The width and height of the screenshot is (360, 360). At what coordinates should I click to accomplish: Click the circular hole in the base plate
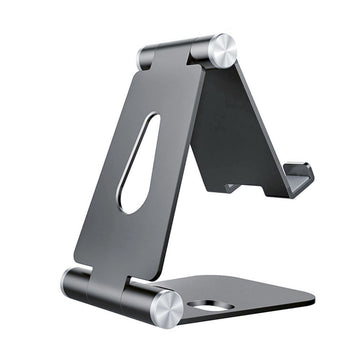(x=208, y=306)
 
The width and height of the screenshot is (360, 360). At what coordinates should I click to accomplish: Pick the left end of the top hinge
(x=143, y=57)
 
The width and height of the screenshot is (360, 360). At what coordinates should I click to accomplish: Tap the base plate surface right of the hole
(x=260, y=300)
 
